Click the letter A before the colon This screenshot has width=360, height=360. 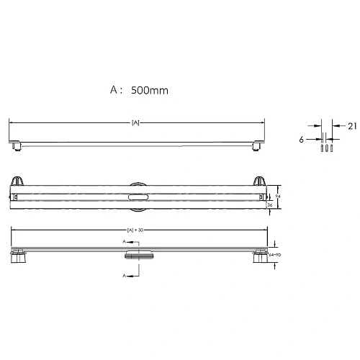point(114,91)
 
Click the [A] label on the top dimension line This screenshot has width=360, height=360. point(135,123)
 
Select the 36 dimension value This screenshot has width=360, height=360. point(269,204)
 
